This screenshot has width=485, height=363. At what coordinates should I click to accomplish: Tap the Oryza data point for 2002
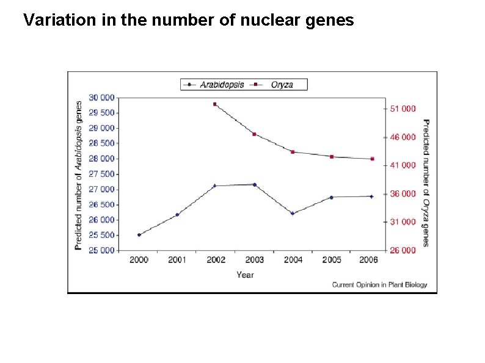(x=215, y=104)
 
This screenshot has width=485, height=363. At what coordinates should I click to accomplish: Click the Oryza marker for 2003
(x=254, y=134)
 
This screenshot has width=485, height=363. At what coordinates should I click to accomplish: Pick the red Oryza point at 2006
(x=372, y=159)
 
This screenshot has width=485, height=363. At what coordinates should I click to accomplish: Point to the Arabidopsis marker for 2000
(x=139, y=235)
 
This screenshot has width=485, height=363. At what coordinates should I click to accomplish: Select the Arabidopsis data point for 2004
(x=293, y=214)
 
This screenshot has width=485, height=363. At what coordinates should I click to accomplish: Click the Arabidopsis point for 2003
(x=254, y=184)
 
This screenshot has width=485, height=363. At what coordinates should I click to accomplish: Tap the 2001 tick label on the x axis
(x=177, y=260)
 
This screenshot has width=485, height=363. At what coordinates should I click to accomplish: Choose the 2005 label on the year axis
(x=332, y=260)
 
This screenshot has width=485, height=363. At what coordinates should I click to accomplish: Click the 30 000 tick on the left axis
(x=101, y=98)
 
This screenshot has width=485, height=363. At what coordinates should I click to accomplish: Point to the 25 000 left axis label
(x=101, y=250)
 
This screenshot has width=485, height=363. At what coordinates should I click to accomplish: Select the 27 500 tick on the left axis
(x=101, y=174)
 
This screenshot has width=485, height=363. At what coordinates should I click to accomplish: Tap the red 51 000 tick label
(x=403, y=109)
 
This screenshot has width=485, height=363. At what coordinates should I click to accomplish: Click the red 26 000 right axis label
(x=403, y=250)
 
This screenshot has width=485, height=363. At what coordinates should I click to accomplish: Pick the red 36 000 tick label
(x=403, y=194)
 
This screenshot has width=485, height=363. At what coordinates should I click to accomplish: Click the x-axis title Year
(x=245, y=275)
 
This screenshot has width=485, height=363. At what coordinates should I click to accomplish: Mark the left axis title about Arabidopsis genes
(x=79, y=175)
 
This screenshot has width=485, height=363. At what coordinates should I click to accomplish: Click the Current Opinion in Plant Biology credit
(x=379, y=285)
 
